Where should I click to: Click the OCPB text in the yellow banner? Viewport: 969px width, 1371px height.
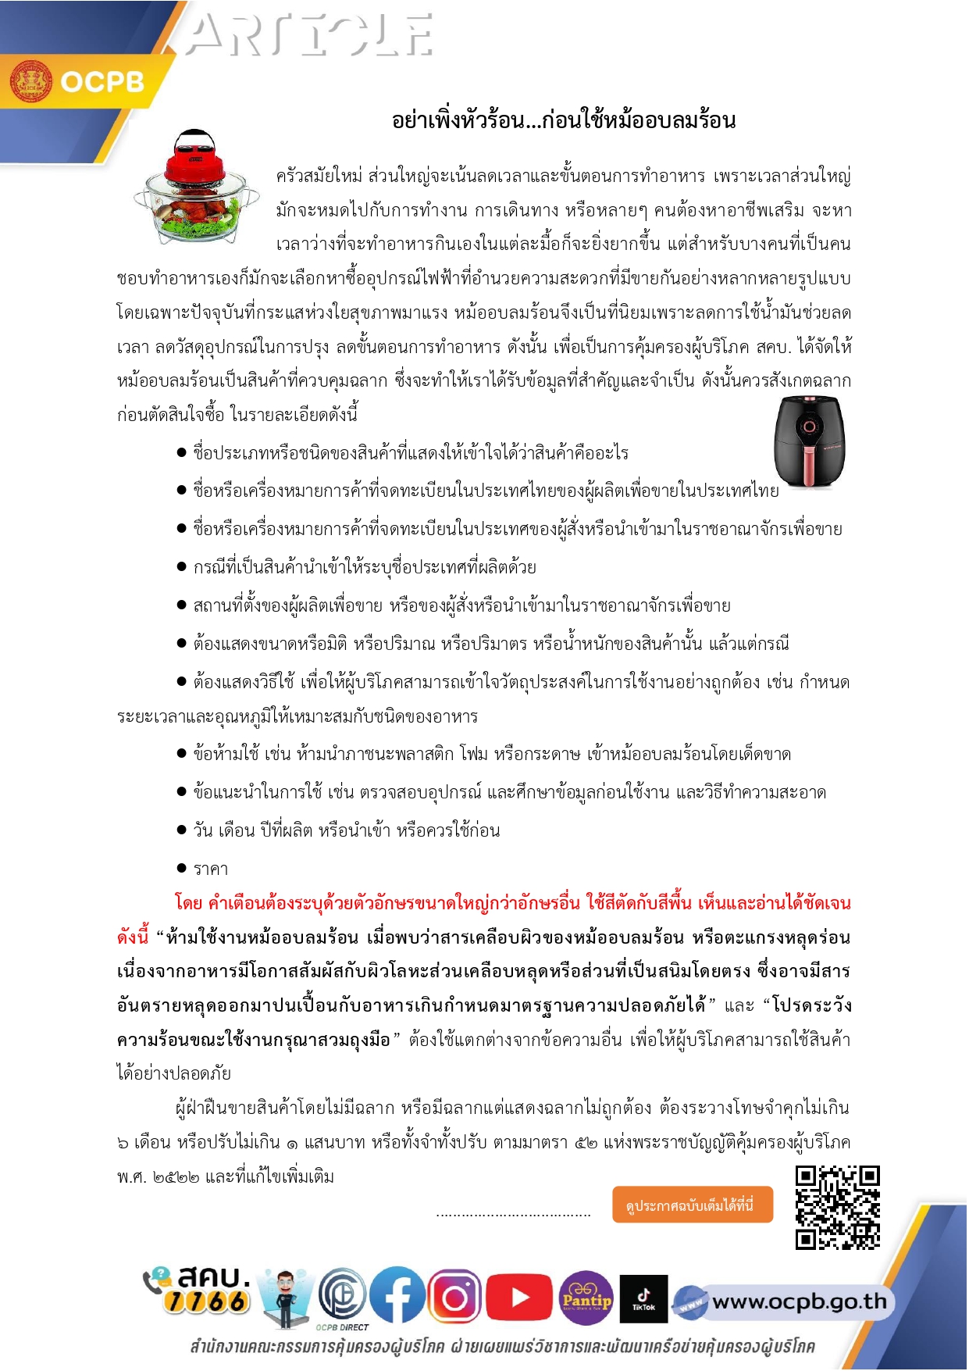[x=102, y=82]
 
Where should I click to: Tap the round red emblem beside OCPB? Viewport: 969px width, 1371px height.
[x=30, y=81]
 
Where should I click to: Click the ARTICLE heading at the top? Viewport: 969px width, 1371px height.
[x=309, y=36]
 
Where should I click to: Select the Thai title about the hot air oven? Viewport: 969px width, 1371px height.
[x=563, y=120]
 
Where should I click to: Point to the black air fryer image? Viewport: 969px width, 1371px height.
[x=809, y=441]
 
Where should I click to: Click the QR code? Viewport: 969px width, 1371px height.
[x=837, y=1207]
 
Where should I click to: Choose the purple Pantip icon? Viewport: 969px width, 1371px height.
[x=586, y=1298]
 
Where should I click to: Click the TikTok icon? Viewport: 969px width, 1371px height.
[x=643, y=1298]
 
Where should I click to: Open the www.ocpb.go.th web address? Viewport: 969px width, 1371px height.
[x=799, y=1301]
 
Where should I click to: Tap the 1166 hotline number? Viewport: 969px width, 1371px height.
[x=207, y=1301]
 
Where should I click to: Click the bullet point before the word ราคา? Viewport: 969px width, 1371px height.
[x=181, y=868]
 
